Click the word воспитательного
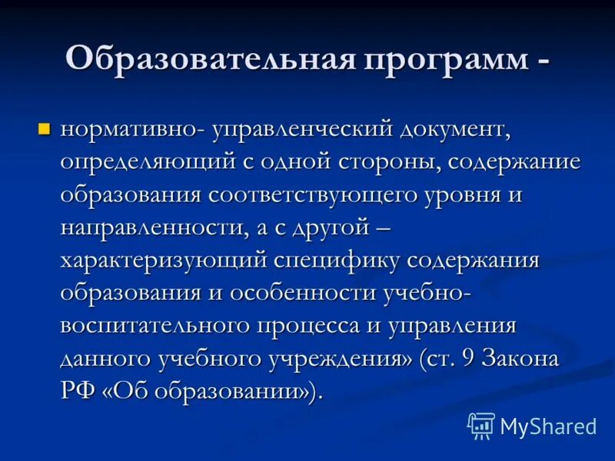pyautogui.click(x=154, y=325)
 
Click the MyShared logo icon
pyautogui.click(x=481, y=425)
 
